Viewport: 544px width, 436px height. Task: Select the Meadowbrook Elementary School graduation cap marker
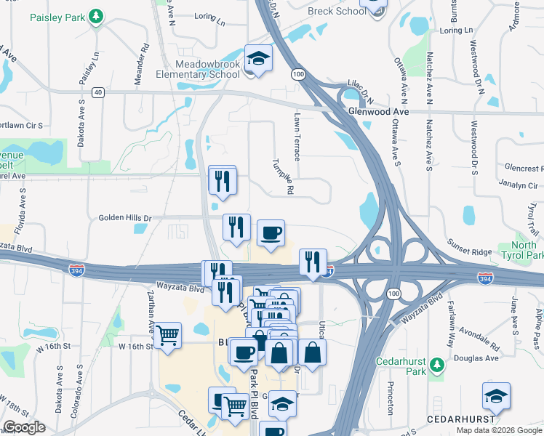(257, 58)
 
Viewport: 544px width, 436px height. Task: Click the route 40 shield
(98, 92)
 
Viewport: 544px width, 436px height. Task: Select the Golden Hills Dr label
(125, 217)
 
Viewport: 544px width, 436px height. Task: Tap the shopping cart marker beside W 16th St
(167, 336)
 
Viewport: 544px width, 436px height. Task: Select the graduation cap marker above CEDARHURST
(496, 396)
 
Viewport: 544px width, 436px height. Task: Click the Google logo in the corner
(24, 427)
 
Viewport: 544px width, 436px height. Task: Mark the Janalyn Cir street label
(518, 185)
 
